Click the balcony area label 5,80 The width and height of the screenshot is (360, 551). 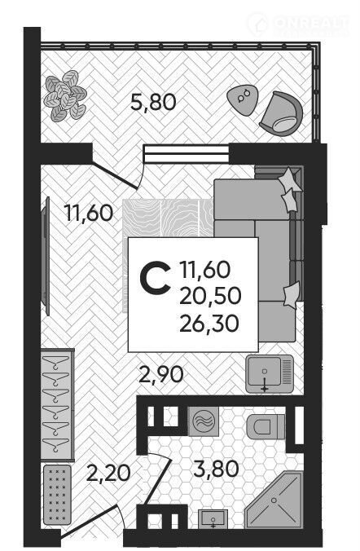153,103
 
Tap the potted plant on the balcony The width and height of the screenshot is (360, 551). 65,95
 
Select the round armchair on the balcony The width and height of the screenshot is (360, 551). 281,113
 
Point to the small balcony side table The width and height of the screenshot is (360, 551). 243,100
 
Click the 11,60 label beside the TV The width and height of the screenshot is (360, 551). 89,213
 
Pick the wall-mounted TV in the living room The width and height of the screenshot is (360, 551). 46,257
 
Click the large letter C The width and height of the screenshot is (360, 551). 155,279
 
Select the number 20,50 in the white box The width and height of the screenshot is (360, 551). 210,296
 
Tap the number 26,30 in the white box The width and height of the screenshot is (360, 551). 209,324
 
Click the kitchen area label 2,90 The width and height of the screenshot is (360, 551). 161,375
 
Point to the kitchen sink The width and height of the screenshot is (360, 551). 270,373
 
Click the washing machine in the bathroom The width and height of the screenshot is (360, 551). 204,421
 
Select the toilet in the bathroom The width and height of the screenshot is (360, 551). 266,426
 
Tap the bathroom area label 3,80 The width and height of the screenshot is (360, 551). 216,469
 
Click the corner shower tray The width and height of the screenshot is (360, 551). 274,500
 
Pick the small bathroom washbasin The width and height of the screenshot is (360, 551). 213,519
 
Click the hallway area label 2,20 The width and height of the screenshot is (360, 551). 108,473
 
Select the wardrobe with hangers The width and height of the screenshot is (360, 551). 57,404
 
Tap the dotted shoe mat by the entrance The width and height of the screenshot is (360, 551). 57,495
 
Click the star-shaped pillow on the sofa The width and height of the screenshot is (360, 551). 290,179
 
